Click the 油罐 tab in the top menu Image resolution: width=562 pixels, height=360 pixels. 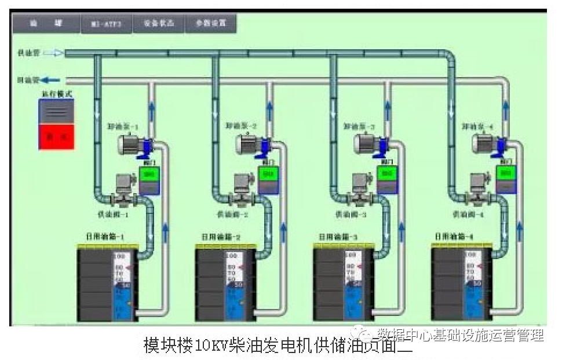tap(46, 24)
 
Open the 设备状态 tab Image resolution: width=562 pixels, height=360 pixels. tap(158, 24)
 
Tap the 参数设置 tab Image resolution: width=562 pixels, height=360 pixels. tap(210, 24)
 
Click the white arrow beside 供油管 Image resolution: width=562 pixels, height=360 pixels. tap(53, 53)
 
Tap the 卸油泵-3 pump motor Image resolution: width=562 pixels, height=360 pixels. tap(366, 143)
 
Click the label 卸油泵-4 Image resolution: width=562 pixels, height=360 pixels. tap(477, 126)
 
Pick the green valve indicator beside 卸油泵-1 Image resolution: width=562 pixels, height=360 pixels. tap(150, 173)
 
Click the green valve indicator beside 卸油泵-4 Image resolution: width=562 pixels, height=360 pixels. tap(506, 173)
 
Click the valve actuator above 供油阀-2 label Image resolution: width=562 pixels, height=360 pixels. tap(240, 184)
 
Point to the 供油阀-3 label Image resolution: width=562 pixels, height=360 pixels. tap(351, 214)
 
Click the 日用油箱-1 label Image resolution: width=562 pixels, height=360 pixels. tap(106, 237)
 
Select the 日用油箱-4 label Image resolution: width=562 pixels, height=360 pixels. tap(454, 237)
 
